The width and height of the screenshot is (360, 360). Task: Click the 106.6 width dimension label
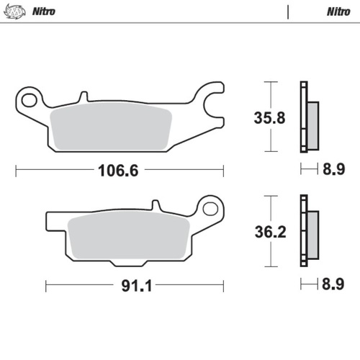pyautogui.click(x=117, y=171)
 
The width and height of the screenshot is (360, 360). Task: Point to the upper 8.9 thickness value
pyautogui.click(x=333, y=170)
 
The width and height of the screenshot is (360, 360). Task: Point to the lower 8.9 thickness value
pyautogui.click(x=333, y=284)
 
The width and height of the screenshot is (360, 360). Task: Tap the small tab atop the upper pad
pyautogui.click(x=84, y=95)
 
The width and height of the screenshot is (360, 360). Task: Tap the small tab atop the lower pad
pyautogui.click(x=152, y=207)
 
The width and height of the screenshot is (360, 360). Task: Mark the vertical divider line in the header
pyautogui.click(x=288, y=12)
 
